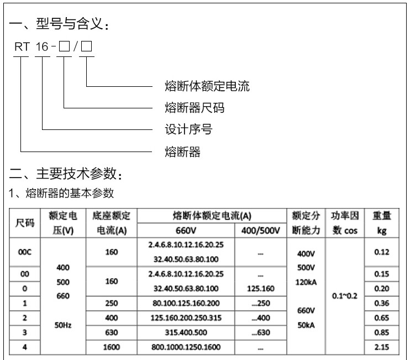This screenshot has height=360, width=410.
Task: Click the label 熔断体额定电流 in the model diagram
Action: click(x=207, y=86)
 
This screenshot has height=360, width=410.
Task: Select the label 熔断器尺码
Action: click(x=195, y=107)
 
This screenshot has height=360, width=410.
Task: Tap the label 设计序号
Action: click(x=188, y=130)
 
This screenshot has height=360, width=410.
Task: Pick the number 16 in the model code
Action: click(x=42, y=48)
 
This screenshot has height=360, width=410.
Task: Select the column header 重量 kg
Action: click(x=381, y=223)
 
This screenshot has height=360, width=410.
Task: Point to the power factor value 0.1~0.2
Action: click(x=345, y=296)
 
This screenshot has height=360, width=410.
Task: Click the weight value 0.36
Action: click(x=381, y=303)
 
